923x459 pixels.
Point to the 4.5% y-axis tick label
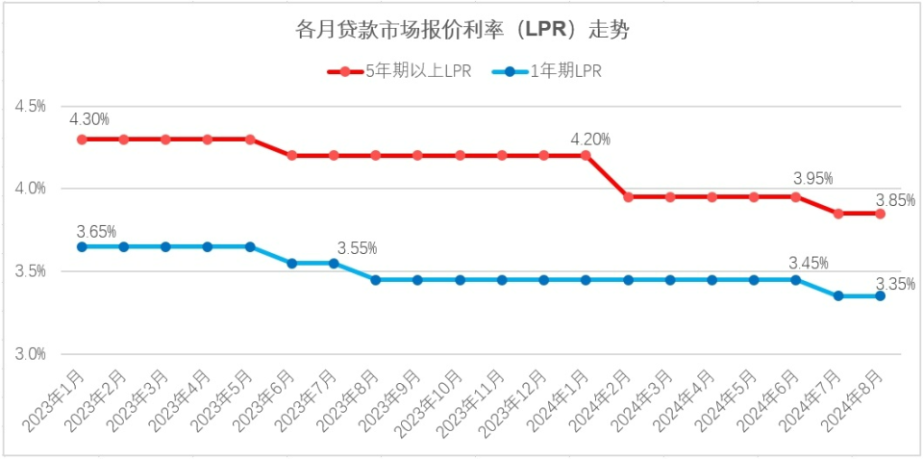point(30,106)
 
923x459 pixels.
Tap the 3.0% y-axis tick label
point(30,354)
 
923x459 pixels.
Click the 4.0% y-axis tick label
point(30,189)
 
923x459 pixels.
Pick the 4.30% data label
point(88,119)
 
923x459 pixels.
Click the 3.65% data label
point(96,231)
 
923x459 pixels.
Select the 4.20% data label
point(590,139)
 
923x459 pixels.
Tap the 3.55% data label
point(357,248)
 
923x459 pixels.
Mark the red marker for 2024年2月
point(628,196)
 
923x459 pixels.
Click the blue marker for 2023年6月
point(291,263)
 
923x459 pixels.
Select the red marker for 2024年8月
point(880,214)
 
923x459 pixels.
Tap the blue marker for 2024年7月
point(838,296)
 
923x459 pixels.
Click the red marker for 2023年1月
point(82,139)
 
